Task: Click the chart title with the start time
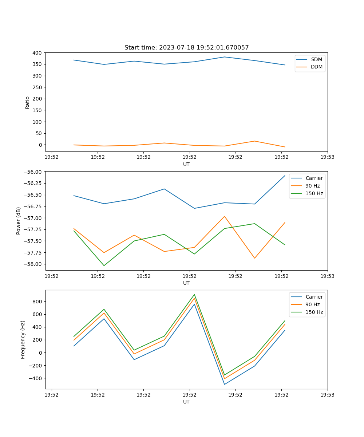(186, 48)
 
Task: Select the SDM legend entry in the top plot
(316, 59)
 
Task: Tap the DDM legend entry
(316, 67)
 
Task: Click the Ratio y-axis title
(28, 102)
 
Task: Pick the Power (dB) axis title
(19, 221)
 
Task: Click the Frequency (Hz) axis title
(23, 339)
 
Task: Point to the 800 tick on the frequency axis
(37, 302)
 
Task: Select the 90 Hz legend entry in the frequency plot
(313, 304)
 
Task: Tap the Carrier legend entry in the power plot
(314, 178)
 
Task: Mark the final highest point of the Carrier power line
(285, 176)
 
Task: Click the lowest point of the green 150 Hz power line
(104, 265)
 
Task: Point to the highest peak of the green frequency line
(194, 295)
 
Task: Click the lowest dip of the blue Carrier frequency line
(225, 384)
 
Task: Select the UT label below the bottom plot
(186, 402)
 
